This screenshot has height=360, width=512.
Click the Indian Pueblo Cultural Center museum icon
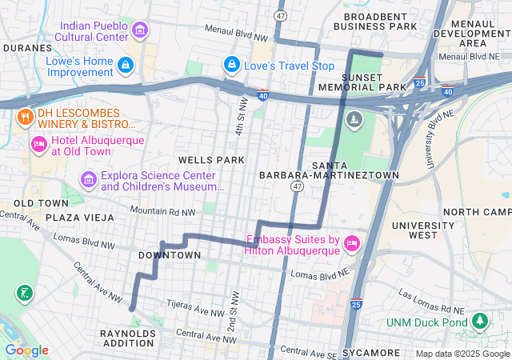tap(140, 31)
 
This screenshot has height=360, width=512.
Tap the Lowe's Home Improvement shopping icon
tap(125, 65)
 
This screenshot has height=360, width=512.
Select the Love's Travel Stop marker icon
tap(231, 64)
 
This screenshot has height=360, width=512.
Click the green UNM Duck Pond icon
tap(479, 322)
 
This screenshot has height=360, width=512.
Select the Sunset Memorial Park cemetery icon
tap(354, 120)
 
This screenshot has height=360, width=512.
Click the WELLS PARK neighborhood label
tap(211, 160)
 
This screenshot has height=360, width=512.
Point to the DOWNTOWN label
tap(170, 255)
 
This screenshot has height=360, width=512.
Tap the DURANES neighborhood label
tap(26, 47)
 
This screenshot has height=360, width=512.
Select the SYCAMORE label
tap(370, 352)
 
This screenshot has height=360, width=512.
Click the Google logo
tap(26, 350)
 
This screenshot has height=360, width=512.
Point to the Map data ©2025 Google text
tap(462, 354)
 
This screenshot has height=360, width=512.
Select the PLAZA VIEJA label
tap(78, 218)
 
